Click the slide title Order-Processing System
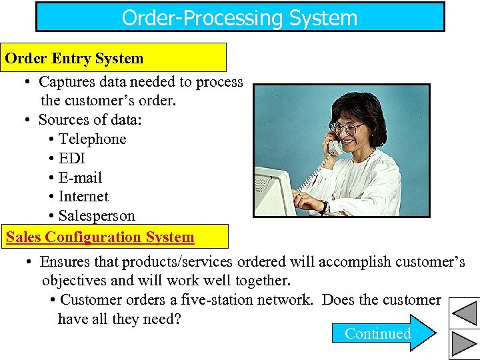(240, 17)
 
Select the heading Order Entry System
(75, 58)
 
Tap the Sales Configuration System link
(100, 237)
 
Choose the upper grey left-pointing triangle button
(464, 312)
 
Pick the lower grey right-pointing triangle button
(464, 343)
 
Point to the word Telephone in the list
(93, 139)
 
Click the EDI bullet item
(72, 158)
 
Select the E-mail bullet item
(81, 177)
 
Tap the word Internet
(83, 197)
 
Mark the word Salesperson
(97, 216)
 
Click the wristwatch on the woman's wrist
(324, 206)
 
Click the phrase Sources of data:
(90, 120)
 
